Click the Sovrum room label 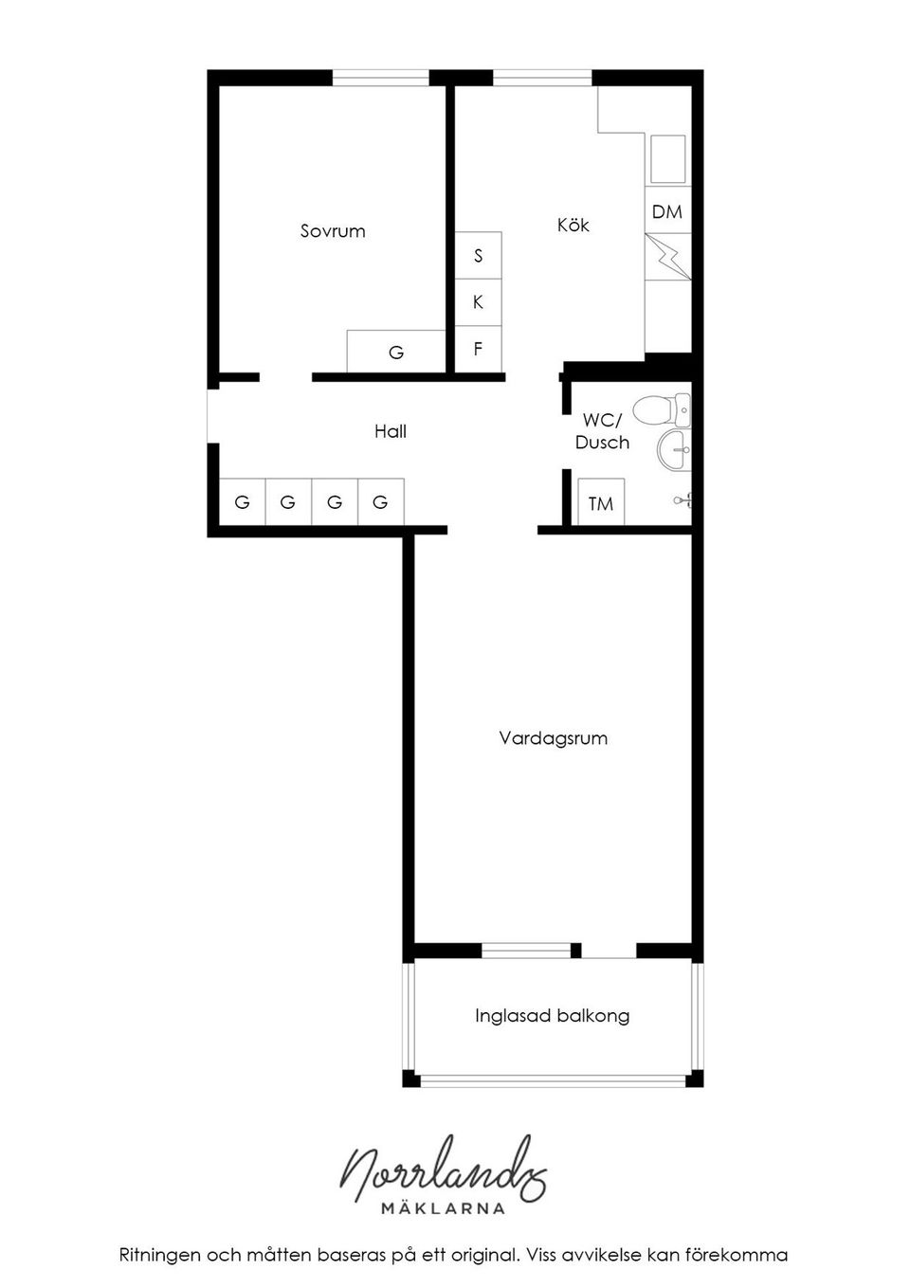click(333, 231)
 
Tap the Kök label click(573, 225)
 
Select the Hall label click(390, 431)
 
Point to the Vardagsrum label click(553, 737)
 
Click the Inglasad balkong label click(552, 1016)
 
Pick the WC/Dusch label click(602, 431)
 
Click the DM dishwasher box click(667, 211)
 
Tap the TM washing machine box click(600, 503)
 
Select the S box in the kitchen click(478, 255)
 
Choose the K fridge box click(478, 301)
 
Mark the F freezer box click(478, 348)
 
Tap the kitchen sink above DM click(667, 158)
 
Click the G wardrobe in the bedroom click(396, 352)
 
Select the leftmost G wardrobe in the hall click(242, 502)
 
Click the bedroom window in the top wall click(380, 78)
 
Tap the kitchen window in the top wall click(542, 78)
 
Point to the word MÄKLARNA click(443, 1208)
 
